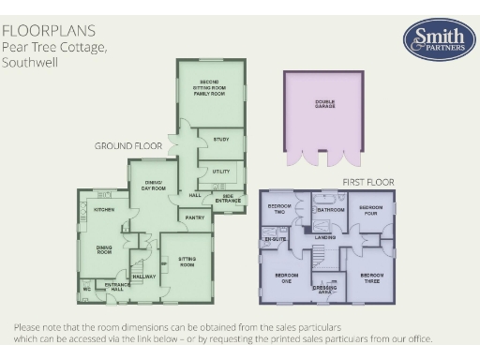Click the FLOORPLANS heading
click(53, 30)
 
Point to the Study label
click(221, 140)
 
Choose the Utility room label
click(221, 172)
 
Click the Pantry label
click(195, 217)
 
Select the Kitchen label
click(104, 209)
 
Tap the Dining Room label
click(105, 250)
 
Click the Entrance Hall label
click(117, 286)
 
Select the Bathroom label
click(330, 210)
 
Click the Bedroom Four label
click(371, 209)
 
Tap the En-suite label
click(275, 239)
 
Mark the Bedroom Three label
click(372, 277)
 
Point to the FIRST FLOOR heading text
click(367, 181)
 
